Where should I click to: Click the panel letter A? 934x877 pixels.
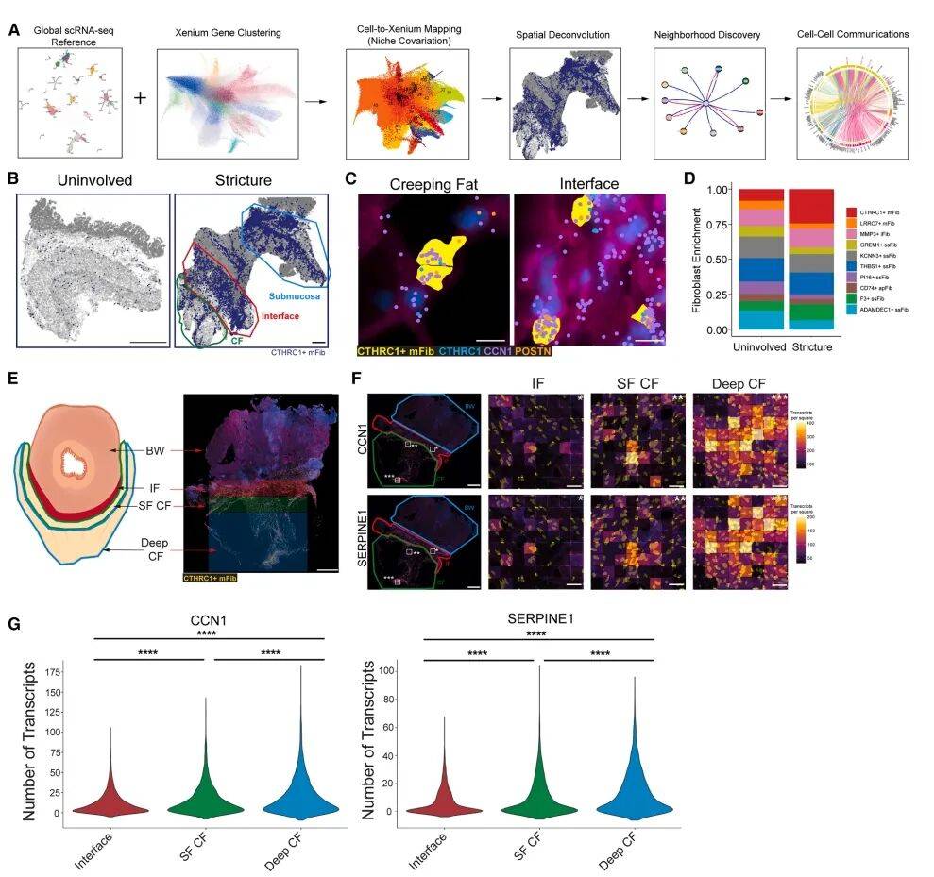[x=14, y=31]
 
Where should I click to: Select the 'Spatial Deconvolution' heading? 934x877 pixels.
[x=562, y=35]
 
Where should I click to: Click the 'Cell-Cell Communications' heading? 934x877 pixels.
[x=853, y=35]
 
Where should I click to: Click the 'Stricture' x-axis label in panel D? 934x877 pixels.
[x=809, y=347]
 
